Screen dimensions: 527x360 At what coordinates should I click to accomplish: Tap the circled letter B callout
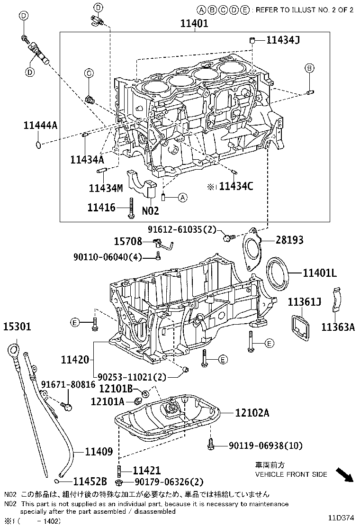(x=309, y=68)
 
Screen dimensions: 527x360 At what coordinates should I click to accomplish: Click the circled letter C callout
(x=89, y=73)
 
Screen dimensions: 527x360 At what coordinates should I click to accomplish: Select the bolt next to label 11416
(x=130, y=209)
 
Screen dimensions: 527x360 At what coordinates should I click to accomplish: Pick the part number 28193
(x=291, y=240)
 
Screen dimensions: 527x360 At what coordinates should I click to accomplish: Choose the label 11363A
(x=338, y=327)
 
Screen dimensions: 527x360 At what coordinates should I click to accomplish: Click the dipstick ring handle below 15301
(x=14, y=352)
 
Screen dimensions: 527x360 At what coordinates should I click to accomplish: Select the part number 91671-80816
(x=68, y=384)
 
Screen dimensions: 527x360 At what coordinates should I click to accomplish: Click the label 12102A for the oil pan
(x=252, y=413)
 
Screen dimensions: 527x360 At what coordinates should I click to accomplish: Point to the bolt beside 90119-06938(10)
(x=210, y=445)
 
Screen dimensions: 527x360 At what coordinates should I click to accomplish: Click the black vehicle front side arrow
(x=344, y=474)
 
